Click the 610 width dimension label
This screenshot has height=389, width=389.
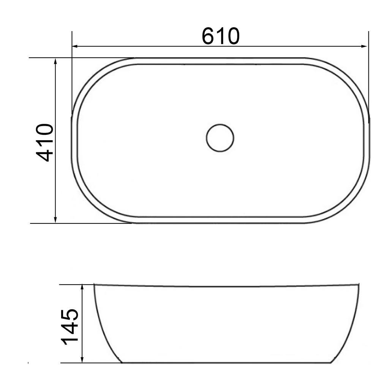(220, 36)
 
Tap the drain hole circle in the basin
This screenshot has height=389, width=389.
(220, 138)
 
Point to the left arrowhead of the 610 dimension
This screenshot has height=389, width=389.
(75, 46)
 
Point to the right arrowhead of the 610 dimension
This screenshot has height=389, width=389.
(365, 46)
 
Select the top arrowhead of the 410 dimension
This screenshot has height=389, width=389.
(55, 61)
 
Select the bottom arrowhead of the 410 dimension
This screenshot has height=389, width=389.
(55, 220)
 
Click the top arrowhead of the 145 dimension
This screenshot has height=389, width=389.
(82, 287)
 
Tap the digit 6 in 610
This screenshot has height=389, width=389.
(208, 36)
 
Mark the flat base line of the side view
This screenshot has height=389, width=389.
(226, 363)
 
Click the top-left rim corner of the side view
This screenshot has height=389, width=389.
(94, 285)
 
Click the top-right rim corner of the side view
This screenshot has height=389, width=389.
(359, 285)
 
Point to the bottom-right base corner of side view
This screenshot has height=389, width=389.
(331, 363)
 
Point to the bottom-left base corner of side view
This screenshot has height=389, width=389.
(122, 363)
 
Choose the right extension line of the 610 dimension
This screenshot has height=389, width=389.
(368, 76)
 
